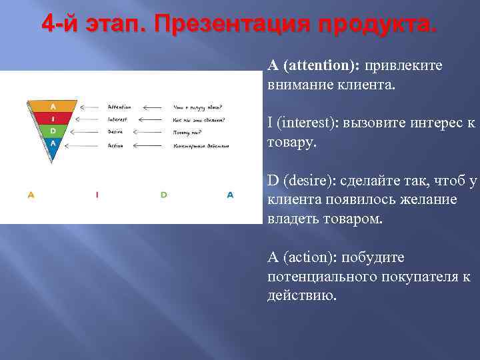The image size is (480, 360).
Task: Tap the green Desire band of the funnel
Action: [x=53, y=131]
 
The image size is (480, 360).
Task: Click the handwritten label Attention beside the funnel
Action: [x=119, y=107]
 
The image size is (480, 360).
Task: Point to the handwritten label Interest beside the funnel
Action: [x=117, y=119]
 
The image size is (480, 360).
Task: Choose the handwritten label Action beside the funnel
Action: [x=115, y=145]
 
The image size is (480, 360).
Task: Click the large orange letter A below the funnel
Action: [x=31, y=195]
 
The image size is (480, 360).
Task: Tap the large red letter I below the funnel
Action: [x=97, y=195]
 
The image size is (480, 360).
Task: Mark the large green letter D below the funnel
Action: [x=163, y=195]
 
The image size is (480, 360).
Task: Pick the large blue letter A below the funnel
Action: [x=230, y=195]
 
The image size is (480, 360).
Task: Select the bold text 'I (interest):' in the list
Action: [x=304, y=123]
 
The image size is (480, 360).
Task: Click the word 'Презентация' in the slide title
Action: [x=231, y=25]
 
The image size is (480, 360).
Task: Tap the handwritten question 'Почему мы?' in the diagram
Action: [x=188, y=132]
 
